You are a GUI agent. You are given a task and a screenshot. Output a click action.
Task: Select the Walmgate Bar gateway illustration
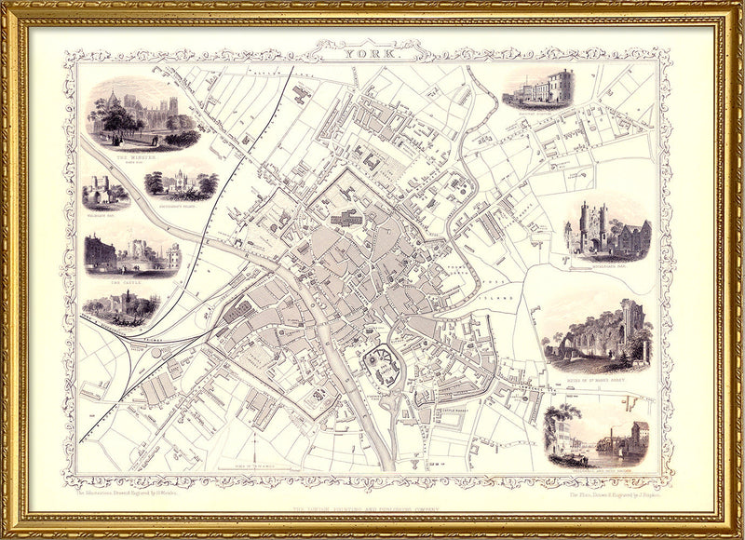point(104,194)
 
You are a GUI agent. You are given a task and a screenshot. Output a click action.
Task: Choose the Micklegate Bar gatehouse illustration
point(606,230)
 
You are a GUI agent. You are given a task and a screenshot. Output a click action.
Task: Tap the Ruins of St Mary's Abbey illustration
point(597,335)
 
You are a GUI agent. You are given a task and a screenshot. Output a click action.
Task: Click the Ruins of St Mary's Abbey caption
point(597,380)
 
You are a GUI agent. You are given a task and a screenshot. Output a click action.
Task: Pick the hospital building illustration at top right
point(539,90)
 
